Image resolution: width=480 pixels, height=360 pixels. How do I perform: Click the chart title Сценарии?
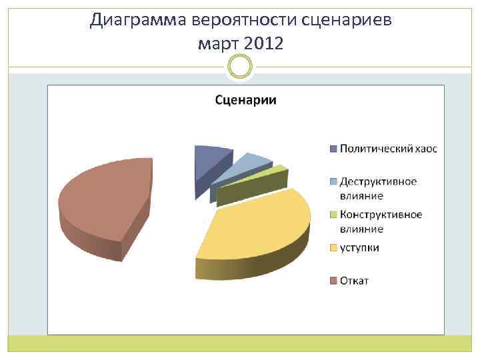pos(245,101)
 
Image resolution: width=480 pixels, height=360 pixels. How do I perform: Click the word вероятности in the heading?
pos(244,20)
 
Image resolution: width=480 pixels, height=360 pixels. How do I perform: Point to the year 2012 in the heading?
pos(263,44)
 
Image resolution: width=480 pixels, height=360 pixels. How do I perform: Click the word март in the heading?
pos(219,44)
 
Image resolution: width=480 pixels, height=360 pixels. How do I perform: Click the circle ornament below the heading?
pos(240,67)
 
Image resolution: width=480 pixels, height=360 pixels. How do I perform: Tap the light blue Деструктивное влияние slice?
pos(247,163)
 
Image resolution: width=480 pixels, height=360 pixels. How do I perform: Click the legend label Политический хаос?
pos(388,149)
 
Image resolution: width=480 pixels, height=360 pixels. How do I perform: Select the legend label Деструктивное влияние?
pos(378,188)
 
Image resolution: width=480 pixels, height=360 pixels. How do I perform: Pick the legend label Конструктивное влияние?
pos(381,221)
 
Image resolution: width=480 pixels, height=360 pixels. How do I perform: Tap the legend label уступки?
pos(359,247)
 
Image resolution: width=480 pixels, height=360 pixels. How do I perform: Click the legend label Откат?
pos(354,280)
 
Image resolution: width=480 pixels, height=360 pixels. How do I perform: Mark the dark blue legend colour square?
pos(333,149)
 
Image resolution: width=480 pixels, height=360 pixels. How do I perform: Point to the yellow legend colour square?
pos(333,248)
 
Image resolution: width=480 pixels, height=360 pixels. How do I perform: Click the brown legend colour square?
pos(333,280)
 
